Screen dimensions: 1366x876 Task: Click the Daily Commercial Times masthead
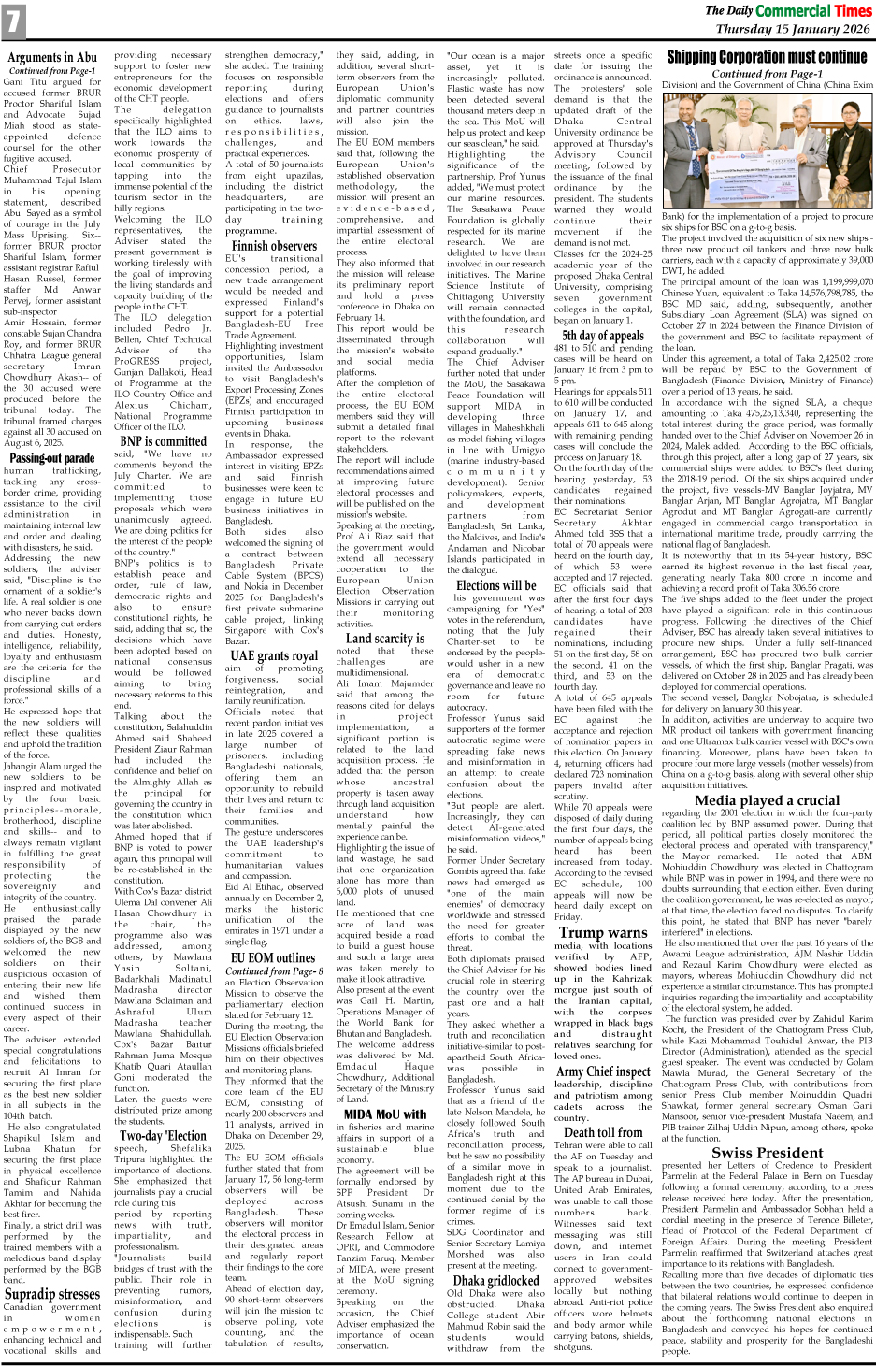[787, 10]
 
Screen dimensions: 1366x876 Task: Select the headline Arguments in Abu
[52, 58]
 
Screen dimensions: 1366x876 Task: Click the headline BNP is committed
[163, 441]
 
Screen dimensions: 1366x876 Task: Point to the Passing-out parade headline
[52, 458]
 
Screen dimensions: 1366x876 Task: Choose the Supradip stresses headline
[52, 1295]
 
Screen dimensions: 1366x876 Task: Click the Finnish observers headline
[274, 246]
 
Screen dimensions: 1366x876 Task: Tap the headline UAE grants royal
[274, 655]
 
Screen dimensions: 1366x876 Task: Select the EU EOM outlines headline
[274, 957]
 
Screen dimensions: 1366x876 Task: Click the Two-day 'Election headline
[163, 1136]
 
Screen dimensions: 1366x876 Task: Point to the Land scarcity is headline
[384, 639]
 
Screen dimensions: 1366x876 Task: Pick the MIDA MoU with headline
[384, 1114]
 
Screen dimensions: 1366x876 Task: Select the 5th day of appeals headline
[602, 336]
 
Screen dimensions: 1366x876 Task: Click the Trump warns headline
[602, 932]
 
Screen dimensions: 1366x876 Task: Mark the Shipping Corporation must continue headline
[767, 57]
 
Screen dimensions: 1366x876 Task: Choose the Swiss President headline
[767, 1153]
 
